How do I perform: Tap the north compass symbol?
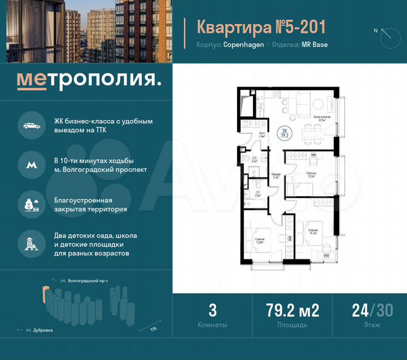[x=386, y=37]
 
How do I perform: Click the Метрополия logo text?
[x=89, y=80]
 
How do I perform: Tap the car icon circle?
[x=30, y=125]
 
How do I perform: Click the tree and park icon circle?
[x=30, y=204]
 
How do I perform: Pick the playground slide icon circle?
[x=30, y=243]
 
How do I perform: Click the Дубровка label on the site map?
[x=43, y=330]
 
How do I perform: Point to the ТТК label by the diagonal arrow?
[x=154, y=328]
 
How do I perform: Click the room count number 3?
[x=212, y=311]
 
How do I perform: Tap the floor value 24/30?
[x=372, y=311]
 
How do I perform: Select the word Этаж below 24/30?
[x=372, y=325]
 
